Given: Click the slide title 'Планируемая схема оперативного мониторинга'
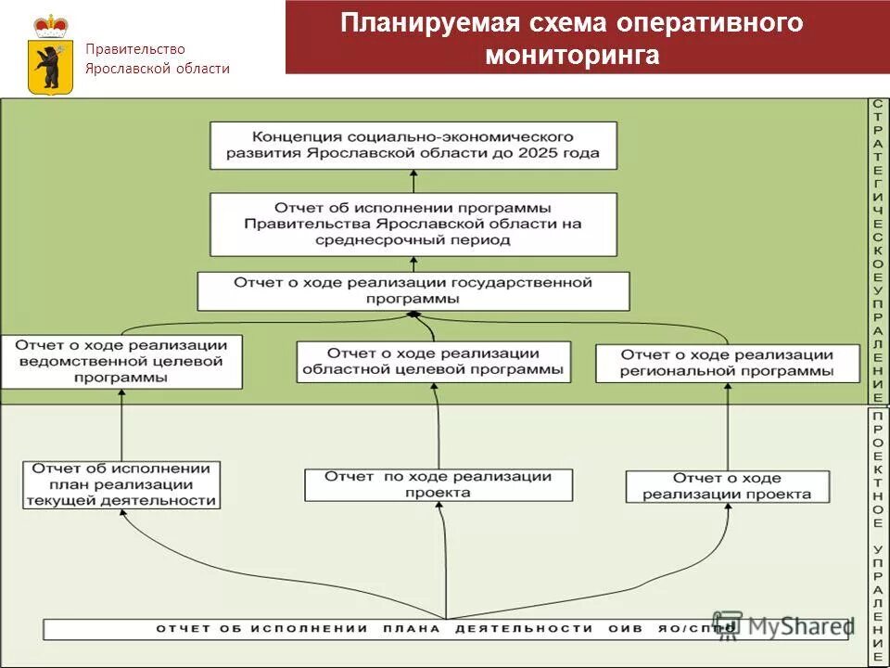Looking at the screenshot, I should pos(571,38).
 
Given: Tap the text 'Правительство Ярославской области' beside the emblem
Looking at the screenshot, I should pos(157,58).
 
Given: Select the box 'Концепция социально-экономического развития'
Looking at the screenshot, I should pos(413,146).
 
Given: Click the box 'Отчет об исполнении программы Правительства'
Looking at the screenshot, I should pos(413,224).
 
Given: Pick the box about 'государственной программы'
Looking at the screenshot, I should pos(413,290).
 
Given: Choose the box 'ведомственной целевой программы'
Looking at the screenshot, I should pos(121,361).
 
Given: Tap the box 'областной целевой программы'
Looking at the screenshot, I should pos(433,361).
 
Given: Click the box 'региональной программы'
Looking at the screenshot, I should pos(727,363).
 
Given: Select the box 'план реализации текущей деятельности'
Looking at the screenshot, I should pos(122,484).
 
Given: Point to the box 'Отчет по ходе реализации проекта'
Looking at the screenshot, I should pos(438,484).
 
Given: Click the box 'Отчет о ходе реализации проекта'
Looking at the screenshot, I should pos(727,485).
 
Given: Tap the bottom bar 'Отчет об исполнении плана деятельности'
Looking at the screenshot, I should pos(445,628).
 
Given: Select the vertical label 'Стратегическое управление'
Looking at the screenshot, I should pos(878,250).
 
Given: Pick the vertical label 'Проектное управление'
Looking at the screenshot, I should pos(878,535).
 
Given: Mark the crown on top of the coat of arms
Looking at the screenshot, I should pos(51,25).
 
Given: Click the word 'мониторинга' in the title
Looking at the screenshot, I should pos(572,56).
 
